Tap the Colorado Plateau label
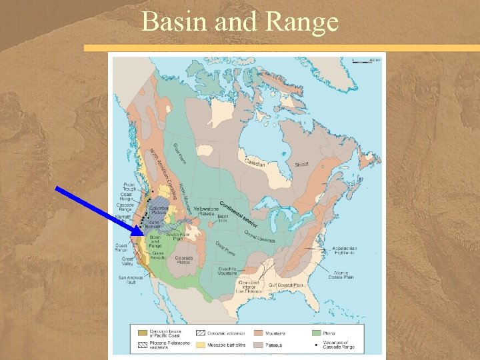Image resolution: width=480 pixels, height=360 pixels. pyautogui.click(x=183, y=259)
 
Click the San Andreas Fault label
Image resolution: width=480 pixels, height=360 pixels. pyautogui.click(x=130, y=279)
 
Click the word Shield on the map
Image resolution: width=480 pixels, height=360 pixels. pyautogui.click(x=302, y=164)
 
